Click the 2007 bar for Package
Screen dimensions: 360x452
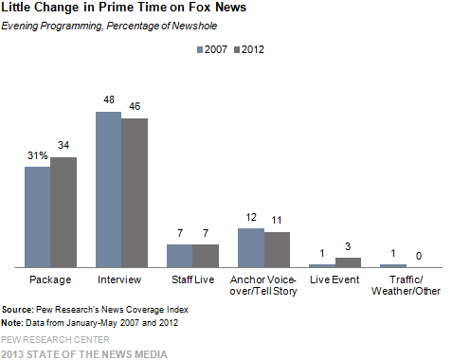click(38, 217)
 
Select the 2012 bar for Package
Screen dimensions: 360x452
click(63, 212)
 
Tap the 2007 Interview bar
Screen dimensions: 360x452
click(108, 189)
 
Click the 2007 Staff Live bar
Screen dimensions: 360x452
click(179, 256)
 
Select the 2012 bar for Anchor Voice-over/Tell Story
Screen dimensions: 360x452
click(276, 249)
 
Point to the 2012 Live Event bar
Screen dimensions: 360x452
click(348, 262)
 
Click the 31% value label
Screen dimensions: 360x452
click(38, 154)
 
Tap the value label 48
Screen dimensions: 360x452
click(109, 99)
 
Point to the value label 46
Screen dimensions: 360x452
click(135, 105)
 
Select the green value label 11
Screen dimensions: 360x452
click(277, 220)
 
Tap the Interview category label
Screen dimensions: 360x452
click(120, 280)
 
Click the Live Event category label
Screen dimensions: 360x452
click(334, 280)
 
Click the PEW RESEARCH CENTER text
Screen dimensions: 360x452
click(55, 339)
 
